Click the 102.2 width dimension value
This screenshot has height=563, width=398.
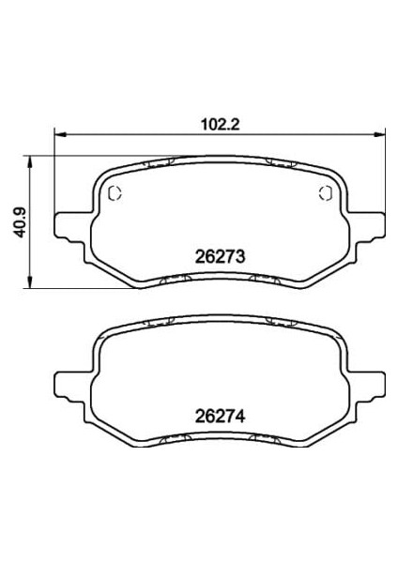(220, 125)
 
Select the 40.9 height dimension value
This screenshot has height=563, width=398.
(20, 222)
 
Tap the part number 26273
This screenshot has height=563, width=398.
(220, 257)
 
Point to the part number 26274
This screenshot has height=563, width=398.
(220, 416)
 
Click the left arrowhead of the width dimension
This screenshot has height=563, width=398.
(60, 134)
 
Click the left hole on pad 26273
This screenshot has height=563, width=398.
(115, 193)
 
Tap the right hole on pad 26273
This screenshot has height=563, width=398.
(326, 193)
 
